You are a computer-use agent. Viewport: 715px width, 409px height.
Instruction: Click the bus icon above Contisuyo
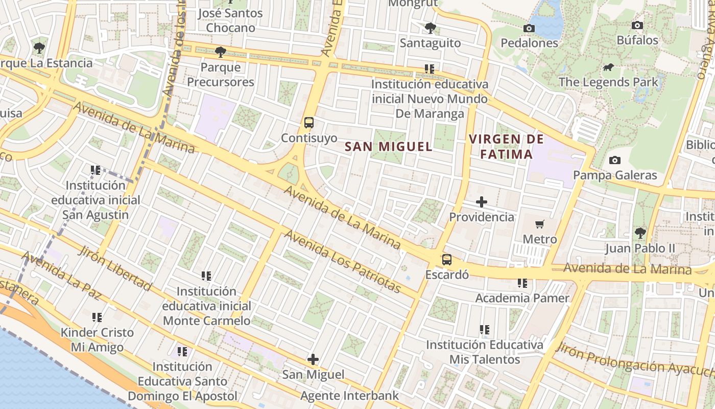tap(309, 123)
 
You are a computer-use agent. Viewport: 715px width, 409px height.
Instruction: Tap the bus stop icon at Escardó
tap(447, 259)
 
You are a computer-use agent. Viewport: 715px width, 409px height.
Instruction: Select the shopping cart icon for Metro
tap(540, 224)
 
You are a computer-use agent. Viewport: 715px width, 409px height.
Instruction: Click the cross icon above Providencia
tap(481, 202)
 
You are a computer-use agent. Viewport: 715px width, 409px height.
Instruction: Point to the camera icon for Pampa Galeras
tap(615, 160)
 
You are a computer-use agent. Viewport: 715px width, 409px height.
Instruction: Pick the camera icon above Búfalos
tap(637, 25)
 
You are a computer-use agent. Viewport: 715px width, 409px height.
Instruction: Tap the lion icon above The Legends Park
tap(608, 67)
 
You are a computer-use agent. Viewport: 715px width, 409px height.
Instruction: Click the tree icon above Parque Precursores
tap(221, 52)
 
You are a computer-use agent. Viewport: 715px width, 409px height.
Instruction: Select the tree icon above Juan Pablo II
tap(640, 233)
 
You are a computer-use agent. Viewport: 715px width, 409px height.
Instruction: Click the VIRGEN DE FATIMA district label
tap(506, 146)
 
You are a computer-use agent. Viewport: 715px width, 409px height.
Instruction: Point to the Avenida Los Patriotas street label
tap(343, 262)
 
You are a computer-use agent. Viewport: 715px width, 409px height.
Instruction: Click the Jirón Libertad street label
tap(115, 268)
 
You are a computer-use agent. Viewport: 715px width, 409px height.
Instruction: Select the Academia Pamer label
tap(522, 298)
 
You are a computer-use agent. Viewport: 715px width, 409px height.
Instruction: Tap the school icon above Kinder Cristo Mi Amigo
tap(97, 317)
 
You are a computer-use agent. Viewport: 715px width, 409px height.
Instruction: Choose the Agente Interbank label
tap(349, 396)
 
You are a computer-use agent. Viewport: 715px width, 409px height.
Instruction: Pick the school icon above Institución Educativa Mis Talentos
tap(485, 330)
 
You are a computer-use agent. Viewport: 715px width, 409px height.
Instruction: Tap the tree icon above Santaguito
tap(431, 28)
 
